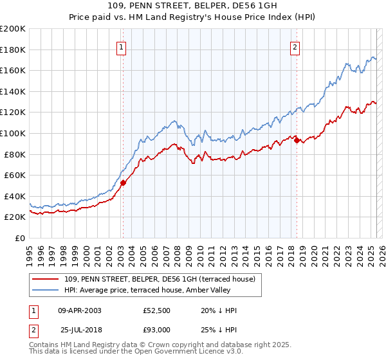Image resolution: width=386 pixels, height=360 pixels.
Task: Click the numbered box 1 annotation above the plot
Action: coord(122,46)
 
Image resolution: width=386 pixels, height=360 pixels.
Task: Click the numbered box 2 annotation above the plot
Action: coord(295,46)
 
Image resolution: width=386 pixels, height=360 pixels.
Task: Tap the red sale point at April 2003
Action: coord(123,183)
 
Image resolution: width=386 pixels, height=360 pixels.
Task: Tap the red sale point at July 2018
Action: coord(297,140)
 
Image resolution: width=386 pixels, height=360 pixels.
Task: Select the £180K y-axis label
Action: coord(14,50)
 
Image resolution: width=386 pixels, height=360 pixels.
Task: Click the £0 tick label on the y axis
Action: coord(19,238)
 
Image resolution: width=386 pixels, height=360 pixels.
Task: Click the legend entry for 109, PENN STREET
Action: coord(160,279)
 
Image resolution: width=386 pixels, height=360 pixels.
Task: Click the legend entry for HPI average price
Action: coord(151,290)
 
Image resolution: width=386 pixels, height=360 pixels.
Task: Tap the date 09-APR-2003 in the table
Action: coord(79,310)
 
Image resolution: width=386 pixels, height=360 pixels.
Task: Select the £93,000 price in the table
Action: coord(157,330)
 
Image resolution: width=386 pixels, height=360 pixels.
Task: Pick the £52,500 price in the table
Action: coord(157,310)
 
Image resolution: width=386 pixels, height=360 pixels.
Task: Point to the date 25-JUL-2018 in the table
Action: coord(79,330)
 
